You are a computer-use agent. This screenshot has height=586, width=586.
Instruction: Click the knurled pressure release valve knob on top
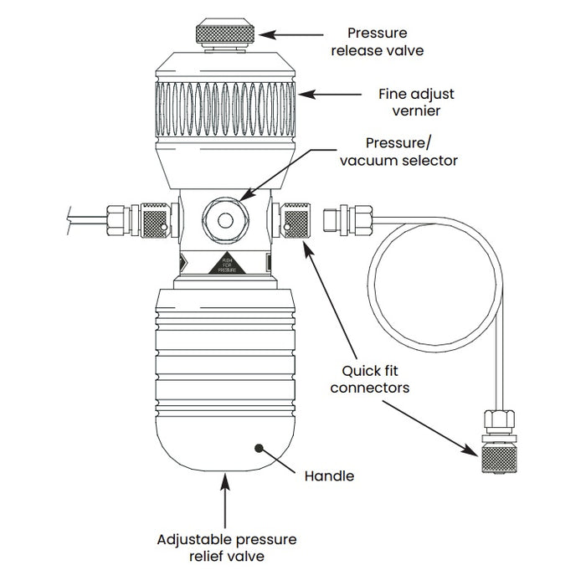(x=225, y=33)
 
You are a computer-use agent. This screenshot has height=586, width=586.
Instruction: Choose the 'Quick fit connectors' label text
(x=368, y=379)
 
